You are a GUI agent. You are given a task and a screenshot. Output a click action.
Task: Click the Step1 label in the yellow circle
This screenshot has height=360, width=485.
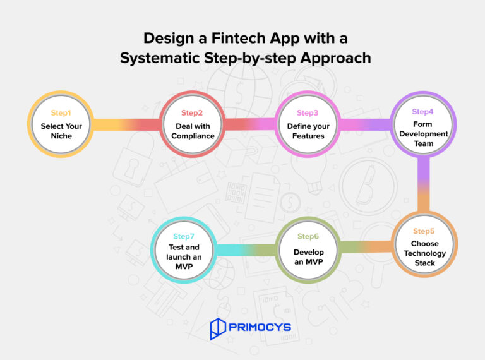click(61, 113)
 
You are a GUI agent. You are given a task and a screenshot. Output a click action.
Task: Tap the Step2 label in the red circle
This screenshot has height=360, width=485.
click(192, 113)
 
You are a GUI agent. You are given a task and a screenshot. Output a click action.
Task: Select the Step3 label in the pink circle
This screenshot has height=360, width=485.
click(308, 113)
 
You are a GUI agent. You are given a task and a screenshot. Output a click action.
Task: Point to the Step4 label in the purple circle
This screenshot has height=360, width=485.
click(422, 112)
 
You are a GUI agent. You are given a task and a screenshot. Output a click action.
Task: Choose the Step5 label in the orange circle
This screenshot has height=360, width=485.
click(424, 231)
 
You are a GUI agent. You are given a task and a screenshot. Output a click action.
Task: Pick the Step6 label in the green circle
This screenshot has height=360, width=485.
click(308, 236)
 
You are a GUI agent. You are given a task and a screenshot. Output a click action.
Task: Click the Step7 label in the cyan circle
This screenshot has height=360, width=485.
click(184, 236)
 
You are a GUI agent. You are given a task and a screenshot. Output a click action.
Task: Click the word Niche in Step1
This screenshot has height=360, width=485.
click(61, 136)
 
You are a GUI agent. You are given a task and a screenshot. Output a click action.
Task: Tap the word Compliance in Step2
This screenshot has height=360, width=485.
click(193, 136)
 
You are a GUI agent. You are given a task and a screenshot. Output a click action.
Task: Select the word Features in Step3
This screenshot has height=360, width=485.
click(308, 136)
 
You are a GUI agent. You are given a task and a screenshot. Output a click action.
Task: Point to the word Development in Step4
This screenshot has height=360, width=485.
click(424, 134)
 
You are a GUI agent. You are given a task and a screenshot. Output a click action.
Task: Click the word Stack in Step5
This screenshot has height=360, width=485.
click(424, 263)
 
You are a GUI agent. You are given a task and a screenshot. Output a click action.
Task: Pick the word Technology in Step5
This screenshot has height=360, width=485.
click(424, 253)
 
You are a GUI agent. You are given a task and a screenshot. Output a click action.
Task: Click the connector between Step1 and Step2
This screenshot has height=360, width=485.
click(126, 124)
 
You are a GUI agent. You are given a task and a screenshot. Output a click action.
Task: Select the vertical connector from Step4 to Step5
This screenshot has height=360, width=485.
click(424, 184)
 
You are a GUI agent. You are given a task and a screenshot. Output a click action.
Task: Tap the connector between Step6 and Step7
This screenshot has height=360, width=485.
click(246, 250)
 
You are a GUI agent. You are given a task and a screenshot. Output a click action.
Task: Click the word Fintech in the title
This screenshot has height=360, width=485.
click(238, 39)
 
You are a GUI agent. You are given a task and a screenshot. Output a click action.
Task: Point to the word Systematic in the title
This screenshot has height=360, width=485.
click(160, 58)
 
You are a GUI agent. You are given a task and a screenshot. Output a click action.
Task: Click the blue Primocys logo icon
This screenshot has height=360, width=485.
click(218, 329)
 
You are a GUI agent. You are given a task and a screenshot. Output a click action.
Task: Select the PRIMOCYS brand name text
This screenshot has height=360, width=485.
click(260, 327)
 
